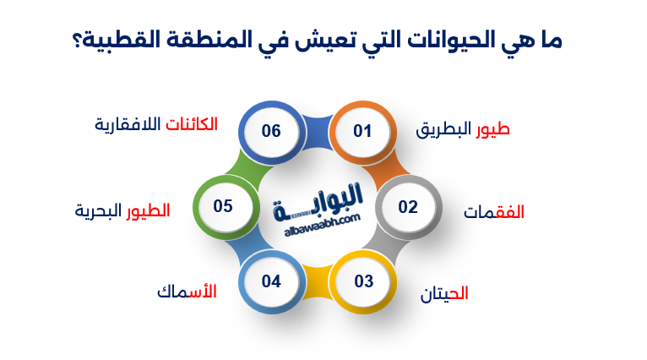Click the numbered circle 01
tap(362, 131)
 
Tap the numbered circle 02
tap(408, 206)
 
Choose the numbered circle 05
tap(223, 206)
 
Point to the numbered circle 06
tap(271, 131)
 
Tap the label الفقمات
tap(493, 212)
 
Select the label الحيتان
tap(444, 294)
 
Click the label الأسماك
tap(186, 292)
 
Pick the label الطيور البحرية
tap(122, 210)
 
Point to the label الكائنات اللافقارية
tap(155, 124)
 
